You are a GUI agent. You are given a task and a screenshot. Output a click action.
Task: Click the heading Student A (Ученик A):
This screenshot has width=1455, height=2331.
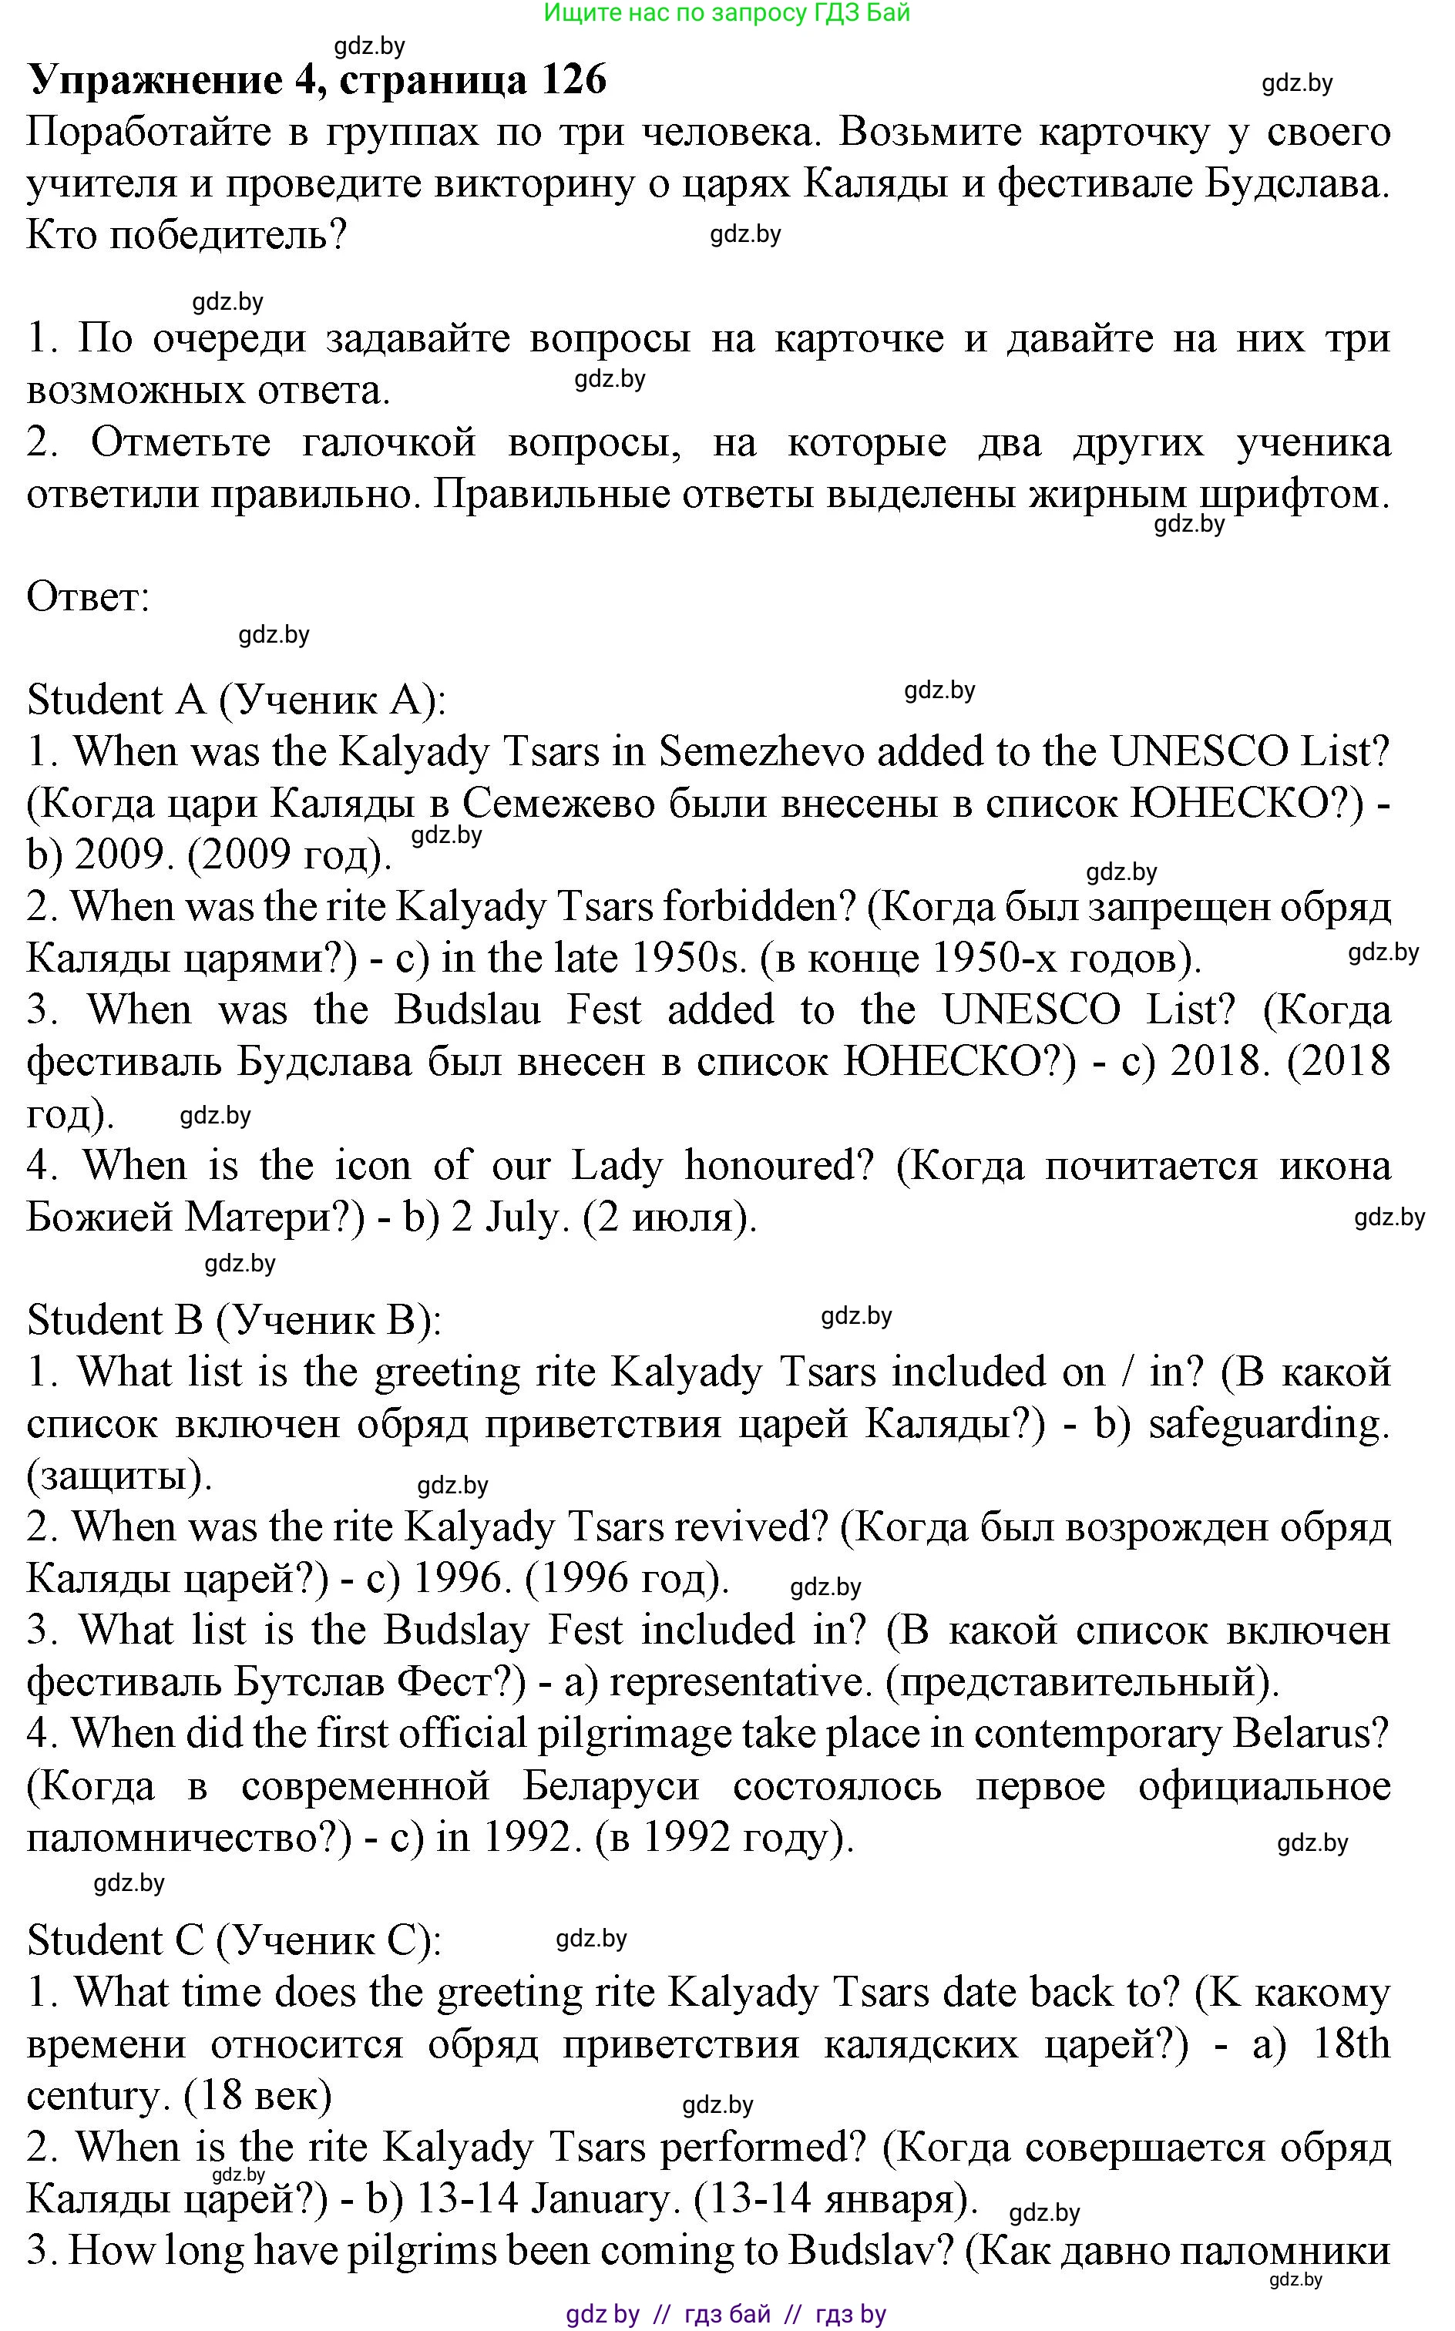(237, 700)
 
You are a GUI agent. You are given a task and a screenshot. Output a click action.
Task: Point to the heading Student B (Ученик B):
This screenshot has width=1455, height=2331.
(234, 1321)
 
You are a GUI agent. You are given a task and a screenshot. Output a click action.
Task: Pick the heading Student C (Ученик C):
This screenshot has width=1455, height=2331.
(234, 1941)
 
